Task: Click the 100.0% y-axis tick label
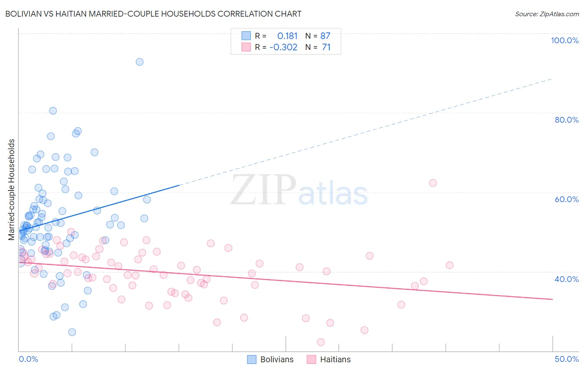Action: tap(564, 40)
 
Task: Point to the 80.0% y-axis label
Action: tap(567, 120)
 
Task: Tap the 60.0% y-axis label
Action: tap(567, 199)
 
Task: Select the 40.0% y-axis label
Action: tap(567, 279)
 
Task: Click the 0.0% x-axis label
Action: tap(28, 359)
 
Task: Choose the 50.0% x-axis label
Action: tap(567, 359)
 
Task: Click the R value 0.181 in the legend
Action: tap(287, 36)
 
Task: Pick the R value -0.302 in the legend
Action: tap(283, 47)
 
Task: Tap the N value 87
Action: tap(325, 36)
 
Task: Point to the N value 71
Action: tap(326, 47)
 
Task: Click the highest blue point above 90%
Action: tap(140, 62)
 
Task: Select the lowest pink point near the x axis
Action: tap(321, 342)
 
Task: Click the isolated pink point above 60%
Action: tap(433, 183)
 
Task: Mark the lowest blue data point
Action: tap(72, 332)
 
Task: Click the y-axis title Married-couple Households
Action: tap(12, 190)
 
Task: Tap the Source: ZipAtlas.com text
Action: tap(547, 14)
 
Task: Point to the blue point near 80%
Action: tap(53, 111)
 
